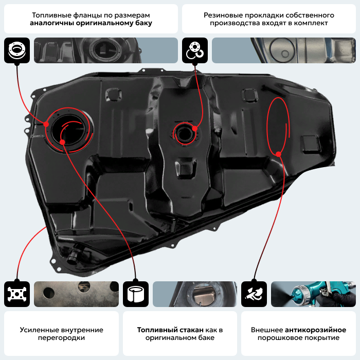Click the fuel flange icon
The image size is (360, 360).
(x=17, y=50)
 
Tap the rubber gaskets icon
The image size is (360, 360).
(x=195, y=50)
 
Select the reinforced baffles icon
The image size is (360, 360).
(x=17, y=294)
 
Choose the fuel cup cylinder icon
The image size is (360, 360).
(x=136, y=294)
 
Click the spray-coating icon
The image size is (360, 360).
(x=254, y=294)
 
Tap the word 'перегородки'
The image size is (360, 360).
(x=61, y=338)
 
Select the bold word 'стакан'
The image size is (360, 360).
(x=191, y=330)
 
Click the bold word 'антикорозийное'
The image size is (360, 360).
(x=315, y=330)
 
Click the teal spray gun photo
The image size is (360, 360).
(x=313, y=294)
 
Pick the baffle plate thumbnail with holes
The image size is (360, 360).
(x=77, y=294)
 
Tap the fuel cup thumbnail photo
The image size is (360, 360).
(x=195, y=294)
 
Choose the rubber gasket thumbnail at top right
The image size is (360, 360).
(x=284, y=50)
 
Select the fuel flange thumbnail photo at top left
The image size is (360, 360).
(x=106, y=50)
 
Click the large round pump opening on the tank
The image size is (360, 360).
(x=68, y=130)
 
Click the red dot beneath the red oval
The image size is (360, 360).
(x=279, y=154)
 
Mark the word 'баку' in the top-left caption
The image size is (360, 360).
(x=144, y=23)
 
